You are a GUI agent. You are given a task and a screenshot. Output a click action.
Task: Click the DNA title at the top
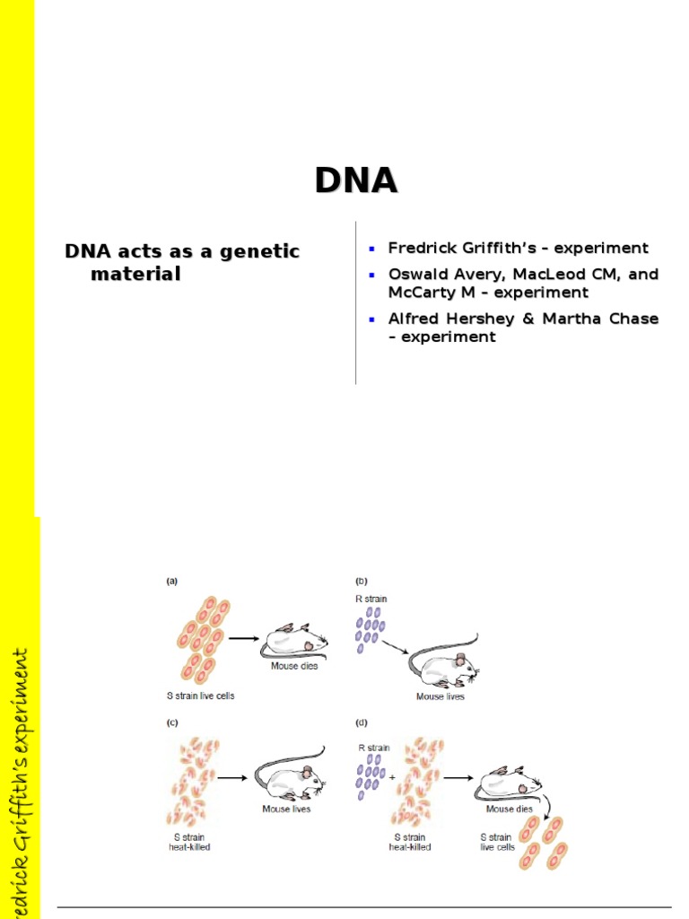(356, 180)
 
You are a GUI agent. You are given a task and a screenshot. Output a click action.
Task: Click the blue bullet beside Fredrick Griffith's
(372, 248)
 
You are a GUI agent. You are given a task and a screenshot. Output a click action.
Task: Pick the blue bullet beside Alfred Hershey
(372, 319)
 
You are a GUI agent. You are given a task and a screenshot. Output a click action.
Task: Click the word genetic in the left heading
(255, 251)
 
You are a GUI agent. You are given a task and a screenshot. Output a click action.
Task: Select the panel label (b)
(362, 582)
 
